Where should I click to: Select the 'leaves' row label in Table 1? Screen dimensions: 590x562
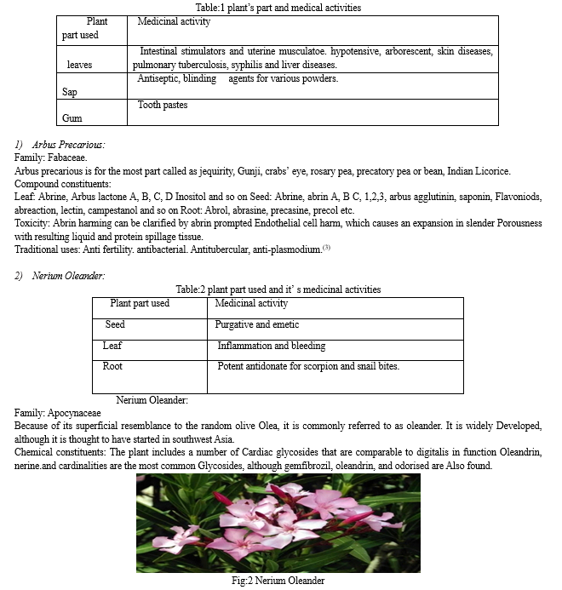(79, 65)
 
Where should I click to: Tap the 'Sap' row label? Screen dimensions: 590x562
(69, 92)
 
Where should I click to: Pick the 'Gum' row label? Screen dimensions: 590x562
(72, 118)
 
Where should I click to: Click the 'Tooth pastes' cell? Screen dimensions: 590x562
(163, 106)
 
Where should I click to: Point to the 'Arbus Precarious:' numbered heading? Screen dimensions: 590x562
(68, 146)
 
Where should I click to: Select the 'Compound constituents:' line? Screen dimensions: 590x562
(63, 184)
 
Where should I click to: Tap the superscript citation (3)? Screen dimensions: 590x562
(325, 248)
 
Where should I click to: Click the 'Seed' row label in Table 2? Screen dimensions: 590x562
(115, 325)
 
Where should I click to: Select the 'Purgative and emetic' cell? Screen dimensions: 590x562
(257, 325)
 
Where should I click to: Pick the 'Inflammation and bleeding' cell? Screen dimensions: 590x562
(271, 347)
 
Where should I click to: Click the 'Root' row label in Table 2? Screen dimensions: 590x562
(112, 367)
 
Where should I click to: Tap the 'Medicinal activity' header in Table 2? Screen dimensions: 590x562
(251, 303)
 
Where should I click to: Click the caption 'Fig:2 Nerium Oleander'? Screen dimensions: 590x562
(278, 581)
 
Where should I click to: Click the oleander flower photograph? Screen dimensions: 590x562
(278, 523)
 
